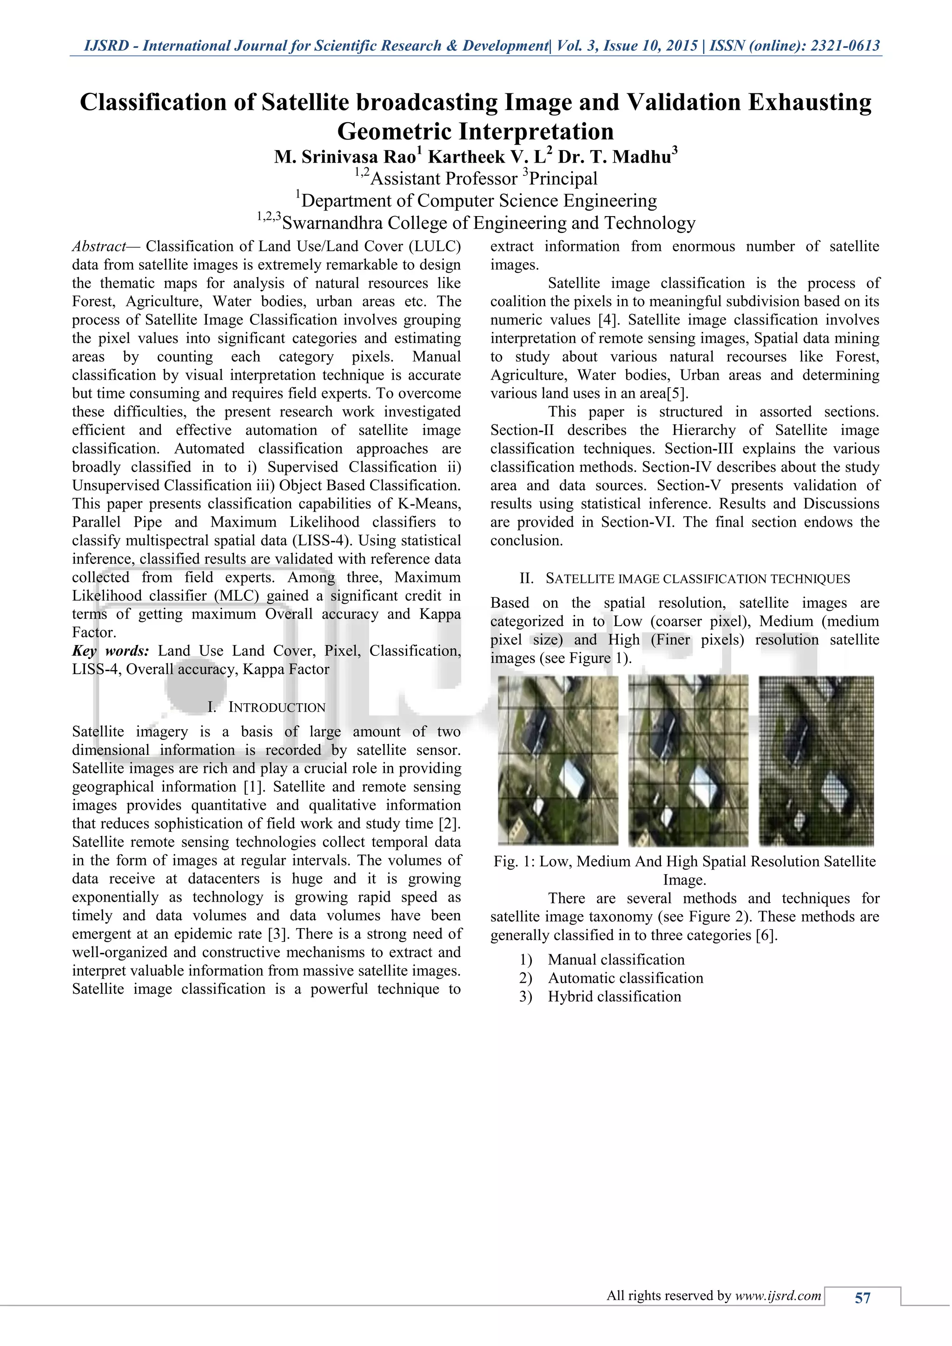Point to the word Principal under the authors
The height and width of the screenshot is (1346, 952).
[x=563, y=179]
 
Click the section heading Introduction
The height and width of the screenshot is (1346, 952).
[x=276, y=707]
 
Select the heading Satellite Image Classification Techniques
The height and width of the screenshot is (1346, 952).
[x=698, y=579]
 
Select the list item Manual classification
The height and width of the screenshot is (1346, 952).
[x=616, y=960]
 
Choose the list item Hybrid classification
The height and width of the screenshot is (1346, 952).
[x=615, y=996]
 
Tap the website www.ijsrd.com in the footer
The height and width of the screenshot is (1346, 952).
[x=778, y=1296]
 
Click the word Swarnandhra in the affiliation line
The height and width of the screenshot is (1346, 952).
[x=332, y=224]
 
